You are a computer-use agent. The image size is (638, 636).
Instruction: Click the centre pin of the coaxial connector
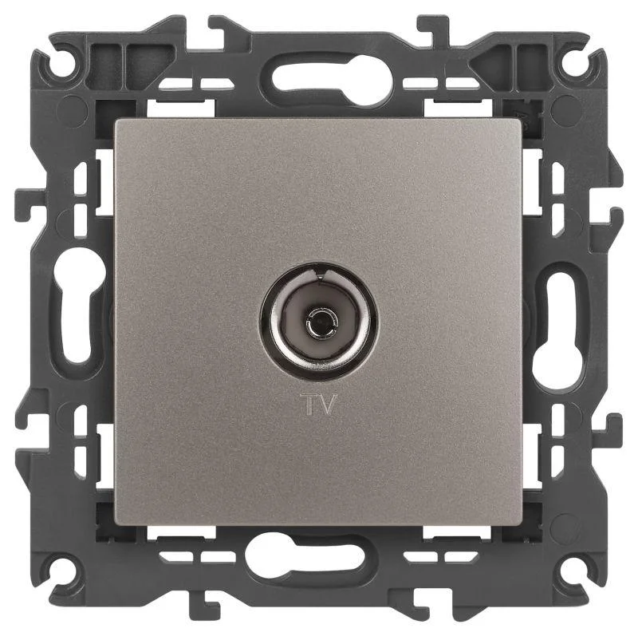[x=318, y=320]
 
